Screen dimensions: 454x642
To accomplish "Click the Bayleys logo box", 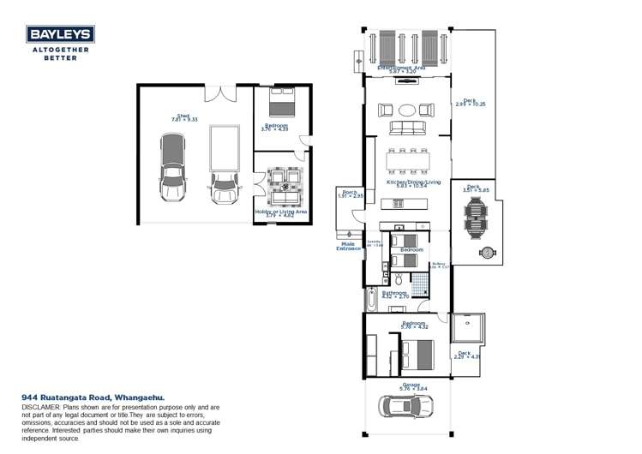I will [x=60, y=35].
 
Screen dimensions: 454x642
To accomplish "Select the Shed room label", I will [x=183, y=117].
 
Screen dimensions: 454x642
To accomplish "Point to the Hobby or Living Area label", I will [x=281, y=212].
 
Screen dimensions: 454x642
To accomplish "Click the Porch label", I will [x=350, y=193].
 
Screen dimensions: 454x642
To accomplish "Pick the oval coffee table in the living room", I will [x=406, y=110].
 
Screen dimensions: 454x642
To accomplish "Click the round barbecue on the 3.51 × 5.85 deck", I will [x=488, y=252].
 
